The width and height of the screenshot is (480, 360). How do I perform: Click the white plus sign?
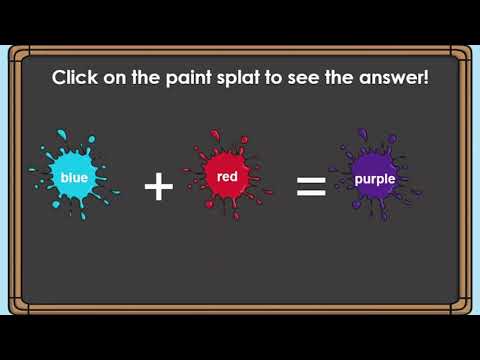[159, 186]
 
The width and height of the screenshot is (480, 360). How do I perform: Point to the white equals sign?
[312, 186]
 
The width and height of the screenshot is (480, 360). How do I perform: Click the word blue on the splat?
[75, 178]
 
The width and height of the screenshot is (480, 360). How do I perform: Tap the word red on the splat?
[226, 176]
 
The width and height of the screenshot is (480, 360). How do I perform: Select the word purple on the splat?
[375, 180]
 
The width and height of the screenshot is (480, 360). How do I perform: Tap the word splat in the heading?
[249, 78]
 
